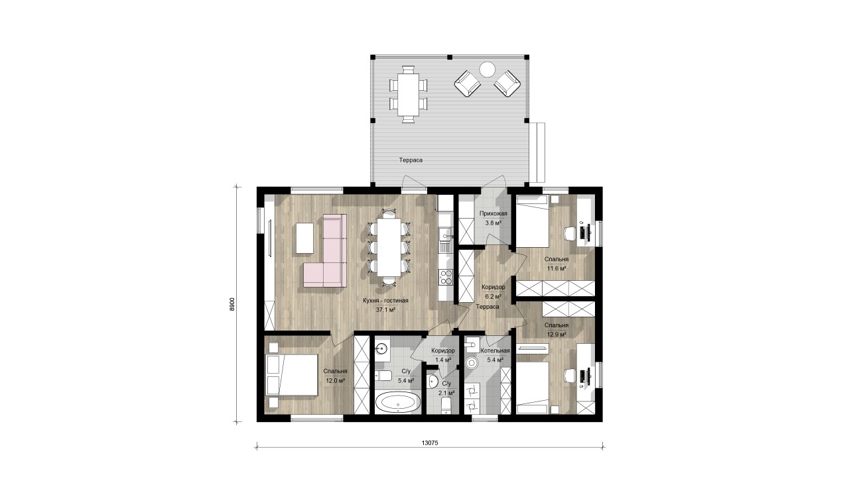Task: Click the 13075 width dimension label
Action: [429, 443]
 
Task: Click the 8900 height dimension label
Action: [232, 304]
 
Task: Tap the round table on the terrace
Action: [487, 70]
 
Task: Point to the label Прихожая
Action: [493, 213]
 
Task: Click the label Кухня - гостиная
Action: [385, 301]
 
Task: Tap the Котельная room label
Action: [495, 351]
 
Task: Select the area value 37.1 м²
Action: [386, 309]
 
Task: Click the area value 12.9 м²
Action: [556, 335]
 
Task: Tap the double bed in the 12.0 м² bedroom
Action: [293, 375]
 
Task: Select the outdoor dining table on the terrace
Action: [408, 95]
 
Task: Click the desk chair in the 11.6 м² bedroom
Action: [570, 233]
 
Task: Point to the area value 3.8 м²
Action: [493, 223]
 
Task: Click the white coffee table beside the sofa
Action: [304, 238]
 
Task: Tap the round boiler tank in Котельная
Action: [472, 363]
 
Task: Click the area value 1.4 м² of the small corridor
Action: [442, 360]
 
